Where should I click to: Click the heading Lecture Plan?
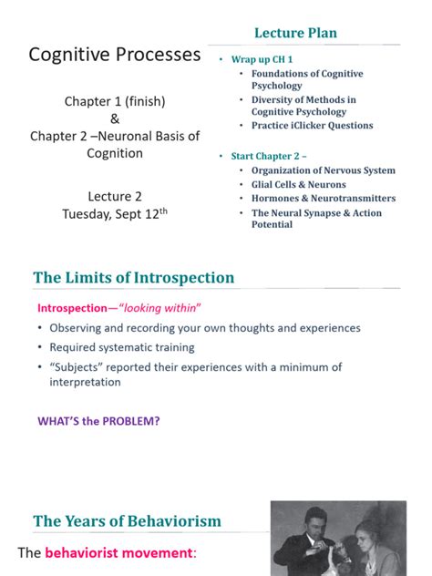295,34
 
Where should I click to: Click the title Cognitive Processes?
115,55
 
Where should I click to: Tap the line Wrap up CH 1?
262,58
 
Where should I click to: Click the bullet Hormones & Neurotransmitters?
324,198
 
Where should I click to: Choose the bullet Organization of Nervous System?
324,170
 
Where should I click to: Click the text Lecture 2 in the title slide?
115,197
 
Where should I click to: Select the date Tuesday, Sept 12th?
115,215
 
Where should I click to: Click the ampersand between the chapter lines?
115,118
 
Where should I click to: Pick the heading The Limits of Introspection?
134,278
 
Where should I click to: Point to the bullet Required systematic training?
122,347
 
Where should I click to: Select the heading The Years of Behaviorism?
127,521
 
